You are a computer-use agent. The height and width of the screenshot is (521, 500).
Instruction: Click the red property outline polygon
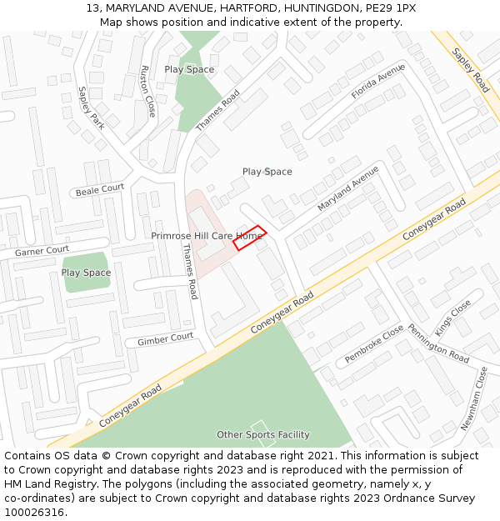coord(249,238)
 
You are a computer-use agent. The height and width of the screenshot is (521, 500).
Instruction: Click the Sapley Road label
coord(471,69)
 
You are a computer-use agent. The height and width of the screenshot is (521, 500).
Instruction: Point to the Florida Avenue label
coord(377,83)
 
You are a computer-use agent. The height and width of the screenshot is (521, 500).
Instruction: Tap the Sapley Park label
coord(91,108)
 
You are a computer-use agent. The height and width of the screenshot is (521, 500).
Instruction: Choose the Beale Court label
coord(100,190)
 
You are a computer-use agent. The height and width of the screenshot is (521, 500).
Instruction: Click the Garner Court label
coord(42,250)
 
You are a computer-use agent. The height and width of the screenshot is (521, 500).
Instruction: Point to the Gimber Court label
coord(165,339)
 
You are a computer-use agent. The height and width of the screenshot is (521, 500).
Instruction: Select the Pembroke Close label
coord(374,345)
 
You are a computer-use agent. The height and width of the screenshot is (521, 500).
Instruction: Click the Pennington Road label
coord(438,343)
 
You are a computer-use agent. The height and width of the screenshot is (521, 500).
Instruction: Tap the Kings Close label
coord(453,317)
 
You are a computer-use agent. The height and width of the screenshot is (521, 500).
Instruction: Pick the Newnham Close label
coord(473,398)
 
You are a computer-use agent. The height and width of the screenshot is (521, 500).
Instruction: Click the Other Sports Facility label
coord(263,434)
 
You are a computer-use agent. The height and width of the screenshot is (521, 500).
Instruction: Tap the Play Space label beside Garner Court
coord(86,273)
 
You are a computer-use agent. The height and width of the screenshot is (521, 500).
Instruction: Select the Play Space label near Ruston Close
coord(189,69)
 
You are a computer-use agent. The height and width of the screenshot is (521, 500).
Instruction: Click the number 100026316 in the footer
coord(34,512)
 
